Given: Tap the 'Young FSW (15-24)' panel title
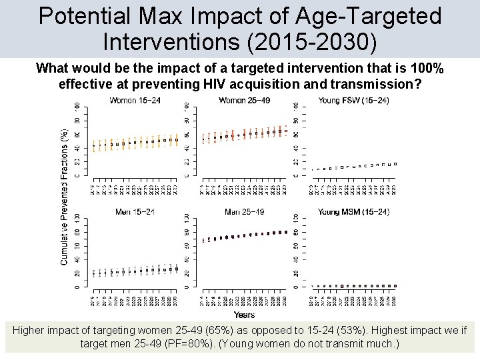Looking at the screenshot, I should click(x=353, y=101).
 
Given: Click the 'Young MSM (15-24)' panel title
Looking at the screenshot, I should click(x=353, y=212).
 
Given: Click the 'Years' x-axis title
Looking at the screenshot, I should click(x=243, y=315).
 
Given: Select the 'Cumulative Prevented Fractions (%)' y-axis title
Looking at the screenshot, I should click(x=65, y=197).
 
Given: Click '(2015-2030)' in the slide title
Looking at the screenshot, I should click(x=311, y=41).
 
